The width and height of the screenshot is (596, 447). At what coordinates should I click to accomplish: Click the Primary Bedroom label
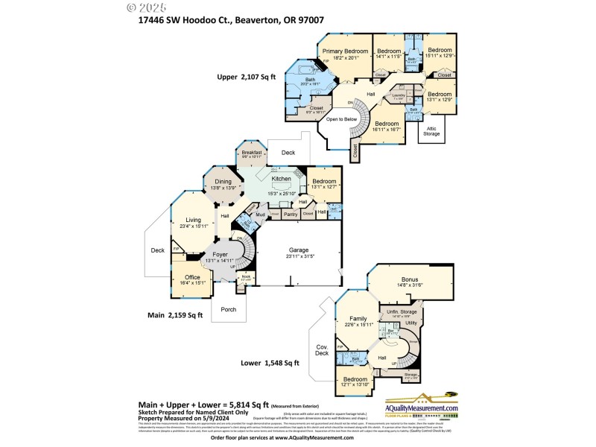345,51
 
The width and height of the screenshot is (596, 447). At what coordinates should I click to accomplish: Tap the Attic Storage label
432,130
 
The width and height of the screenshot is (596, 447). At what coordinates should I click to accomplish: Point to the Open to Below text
342,118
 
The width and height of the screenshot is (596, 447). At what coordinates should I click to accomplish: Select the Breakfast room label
252,153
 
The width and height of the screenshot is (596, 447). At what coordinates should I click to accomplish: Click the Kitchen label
281,179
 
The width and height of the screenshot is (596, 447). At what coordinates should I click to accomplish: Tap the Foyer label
220,255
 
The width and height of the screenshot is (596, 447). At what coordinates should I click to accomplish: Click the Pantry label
291,214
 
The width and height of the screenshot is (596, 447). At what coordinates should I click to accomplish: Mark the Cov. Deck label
322,350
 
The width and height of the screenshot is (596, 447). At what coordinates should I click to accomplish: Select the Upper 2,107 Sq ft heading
246,76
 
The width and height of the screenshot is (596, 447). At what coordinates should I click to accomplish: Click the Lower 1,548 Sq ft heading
270,363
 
